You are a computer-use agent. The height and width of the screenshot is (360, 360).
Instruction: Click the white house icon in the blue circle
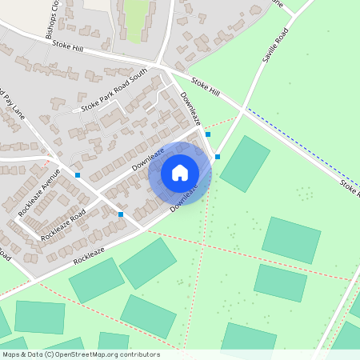coord(180,172)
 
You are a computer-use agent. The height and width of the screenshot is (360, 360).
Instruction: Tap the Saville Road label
coord(274,49)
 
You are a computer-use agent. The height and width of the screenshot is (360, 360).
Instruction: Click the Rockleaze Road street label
coord(62,226)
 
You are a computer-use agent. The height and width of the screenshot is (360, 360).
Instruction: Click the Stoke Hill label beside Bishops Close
coord(67,46)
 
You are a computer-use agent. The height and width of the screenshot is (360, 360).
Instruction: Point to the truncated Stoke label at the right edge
coord(349,190)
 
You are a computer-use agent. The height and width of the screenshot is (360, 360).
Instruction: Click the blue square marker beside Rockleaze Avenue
coord(78,174)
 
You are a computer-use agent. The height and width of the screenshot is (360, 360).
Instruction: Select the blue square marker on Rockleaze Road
coord(121,214)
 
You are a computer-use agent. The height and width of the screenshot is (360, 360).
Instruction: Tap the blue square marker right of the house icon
coord(218,157)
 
